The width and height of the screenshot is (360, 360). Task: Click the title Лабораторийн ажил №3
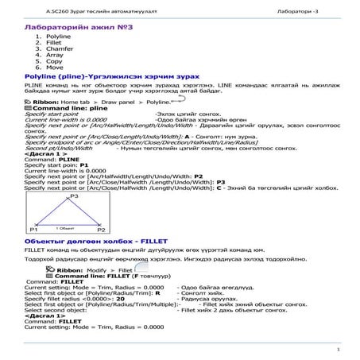tap(80, 27)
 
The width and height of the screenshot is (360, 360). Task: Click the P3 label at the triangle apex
tap(74, 195)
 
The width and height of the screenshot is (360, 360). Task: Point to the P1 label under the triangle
tap(33, 230)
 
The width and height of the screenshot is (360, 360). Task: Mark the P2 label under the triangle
tap(101, 230)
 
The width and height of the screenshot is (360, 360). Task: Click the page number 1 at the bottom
tap(338, 349)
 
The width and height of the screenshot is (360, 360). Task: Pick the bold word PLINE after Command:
tap(70, 160)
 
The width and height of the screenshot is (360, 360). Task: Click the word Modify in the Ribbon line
tap(96, 270)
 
